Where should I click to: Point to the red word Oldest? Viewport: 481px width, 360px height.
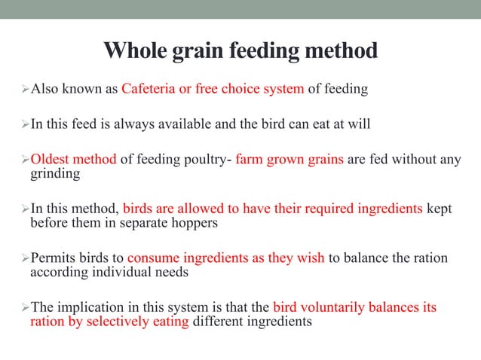(x=51, y=159)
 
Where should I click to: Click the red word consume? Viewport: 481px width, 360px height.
(x=152, y=258)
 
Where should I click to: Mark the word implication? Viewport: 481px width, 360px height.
(x=87, y=307)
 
